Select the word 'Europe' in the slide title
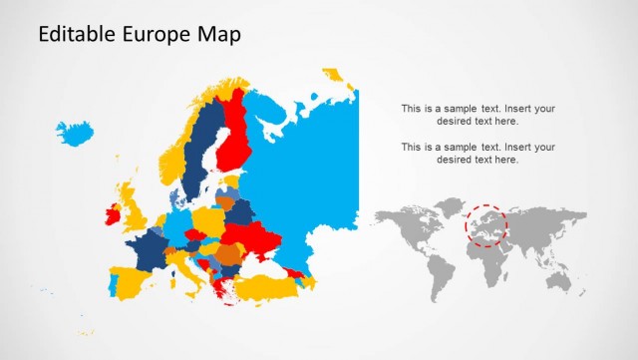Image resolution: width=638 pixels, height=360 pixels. tap(153, 36)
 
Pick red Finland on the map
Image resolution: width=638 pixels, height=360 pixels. tap(236, 140)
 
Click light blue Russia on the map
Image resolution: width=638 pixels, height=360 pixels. tap(299, 170)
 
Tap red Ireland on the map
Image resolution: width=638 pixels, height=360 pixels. tap(112, 211)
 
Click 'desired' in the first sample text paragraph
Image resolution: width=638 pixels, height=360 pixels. tap(456, 121)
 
